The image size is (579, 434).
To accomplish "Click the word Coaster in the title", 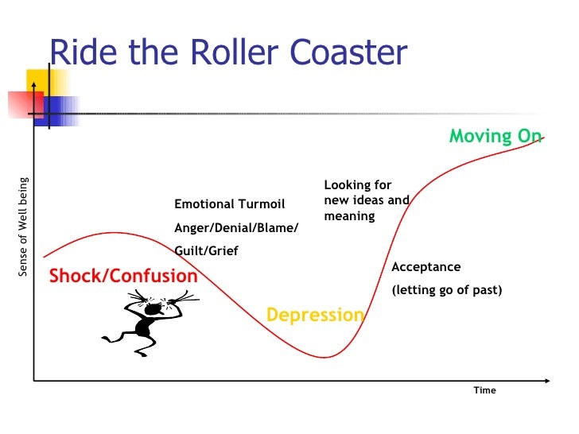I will click(x=347, y=53).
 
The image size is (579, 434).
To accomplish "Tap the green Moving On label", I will click(x=495, y=136).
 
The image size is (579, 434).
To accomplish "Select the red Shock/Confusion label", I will click(x=123, y=276).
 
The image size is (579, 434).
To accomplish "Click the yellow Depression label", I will click(x=315, y=315).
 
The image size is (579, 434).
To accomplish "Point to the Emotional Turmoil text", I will click(x=229, y=204).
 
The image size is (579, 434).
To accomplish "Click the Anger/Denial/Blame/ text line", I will click(x=236, y=228).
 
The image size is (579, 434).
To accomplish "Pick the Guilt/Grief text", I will click(x=206, y=251).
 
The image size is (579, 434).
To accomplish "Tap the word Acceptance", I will click(x=426, y=267).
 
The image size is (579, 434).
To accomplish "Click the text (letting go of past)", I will click(x=446, y=290).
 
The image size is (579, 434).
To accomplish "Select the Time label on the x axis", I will click(x=484, y=390).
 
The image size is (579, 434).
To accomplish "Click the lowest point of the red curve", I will click(x=326, y=357).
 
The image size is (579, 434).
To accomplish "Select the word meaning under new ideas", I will click(x=348, y=216).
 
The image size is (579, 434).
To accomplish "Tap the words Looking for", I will click(x=357, y=184).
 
